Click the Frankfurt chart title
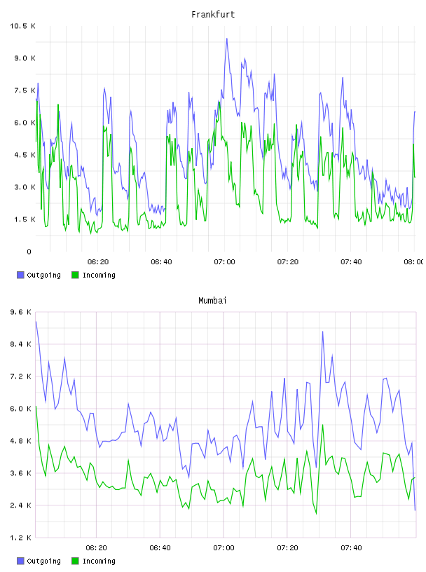213,15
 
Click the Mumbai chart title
212,301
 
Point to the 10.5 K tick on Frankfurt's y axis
22,26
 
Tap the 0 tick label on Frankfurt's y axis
29,252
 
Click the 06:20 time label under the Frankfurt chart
98,262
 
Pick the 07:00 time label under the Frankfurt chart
225,262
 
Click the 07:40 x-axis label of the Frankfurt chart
351,262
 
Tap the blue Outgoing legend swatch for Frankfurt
20,275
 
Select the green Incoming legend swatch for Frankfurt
75,275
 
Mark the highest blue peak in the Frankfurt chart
226,39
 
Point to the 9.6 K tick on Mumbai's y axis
21,312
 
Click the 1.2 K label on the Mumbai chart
21,538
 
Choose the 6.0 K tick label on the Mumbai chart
21,409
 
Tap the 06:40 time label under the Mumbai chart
160,548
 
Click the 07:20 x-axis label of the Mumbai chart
287,548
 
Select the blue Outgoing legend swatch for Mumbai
20,561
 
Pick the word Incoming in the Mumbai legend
99,561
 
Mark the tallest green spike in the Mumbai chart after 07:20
323,425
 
